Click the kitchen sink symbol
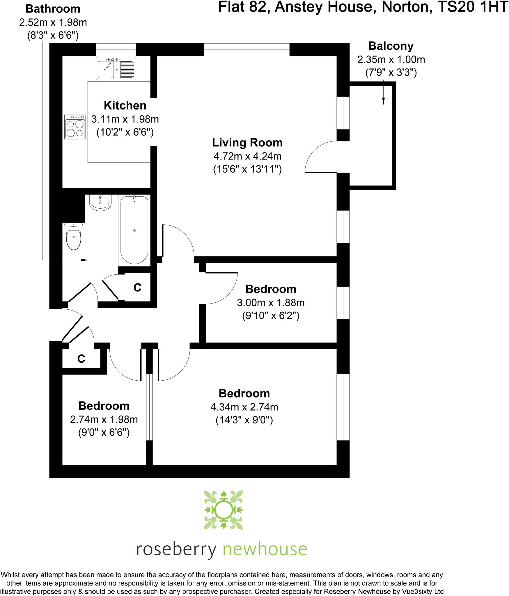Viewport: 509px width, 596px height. tap(116, 68)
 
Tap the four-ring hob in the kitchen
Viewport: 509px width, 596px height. tap(75, 127)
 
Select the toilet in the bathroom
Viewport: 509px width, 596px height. tap(74, 236)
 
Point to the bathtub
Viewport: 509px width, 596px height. tap(134, 230)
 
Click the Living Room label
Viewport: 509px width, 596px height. tap(247, 143)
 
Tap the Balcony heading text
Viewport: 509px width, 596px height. tap(391, 46)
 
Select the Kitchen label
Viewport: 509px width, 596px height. tap(125, 105)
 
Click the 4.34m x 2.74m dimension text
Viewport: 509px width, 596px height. tap(244, 407)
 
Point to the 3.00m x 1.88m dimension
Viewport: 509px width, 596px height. tap(271, 303)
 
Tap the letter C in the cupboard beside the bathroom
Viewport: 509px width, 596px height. tap(137, 288)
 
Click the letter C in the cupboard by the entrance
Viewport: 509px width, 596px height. tap(81, 359)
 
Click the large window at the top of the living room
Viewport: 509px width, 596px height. tap(247, 49)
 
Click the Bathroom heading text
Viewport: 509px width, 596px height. tap(53, 9)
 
